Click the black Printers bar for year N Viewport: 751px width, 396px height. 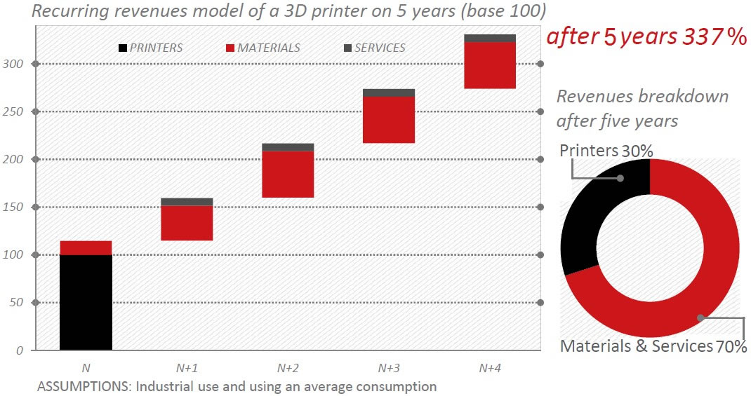(86, 301)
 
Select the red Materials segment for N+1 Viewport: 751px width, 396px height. (187, 223)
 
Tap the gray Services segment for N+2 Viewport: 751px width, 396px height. (288, 147)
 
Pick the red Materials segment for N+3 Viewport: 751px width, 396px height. (389, 120)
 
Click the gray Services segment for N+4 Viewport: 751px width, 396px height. (490, 38)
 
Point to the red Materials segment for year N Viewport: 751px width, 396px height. (86, 248)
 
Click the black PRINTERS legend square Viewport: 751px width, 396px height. (124, 48)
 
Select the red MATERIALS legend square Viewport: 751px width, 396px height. (230, 48)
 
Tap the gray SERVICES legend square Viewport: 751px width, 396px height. (347, 48)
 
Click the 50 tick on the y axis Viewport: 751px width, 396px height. (18, 303)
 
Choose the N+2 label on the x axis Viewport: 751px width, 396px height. (288, 367)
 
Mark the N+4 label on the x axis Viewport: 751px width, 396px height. (490, 367)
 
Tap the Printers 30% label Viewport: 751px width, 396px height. (606, 151)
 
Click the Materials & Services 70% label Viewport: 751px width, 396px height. (653, 346)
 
